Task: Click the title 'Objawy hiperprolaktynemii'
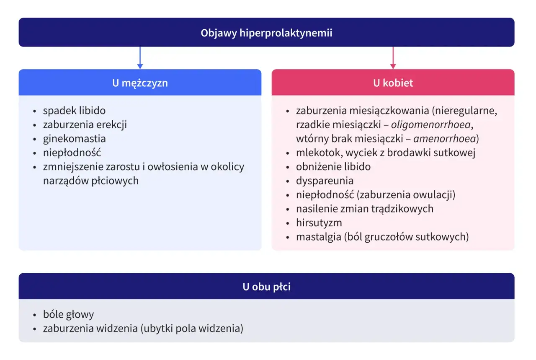[266, 33]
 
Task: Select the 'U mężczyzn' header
[140, 83]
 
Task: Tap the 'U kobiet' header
[393, 83]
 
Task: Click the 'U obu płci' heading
[266, 287]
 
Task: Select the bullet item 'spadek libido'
[74, 111]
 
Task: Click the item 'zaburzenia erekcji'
[85, 125]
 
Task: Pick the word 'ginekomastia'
[74, 139]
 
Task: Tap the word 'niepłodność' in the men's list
[72, 153]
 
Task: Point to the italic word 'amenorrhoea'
[444, 139]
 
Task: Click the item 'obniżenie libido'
[333, 167]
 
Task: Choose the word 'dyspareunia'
[325, 181]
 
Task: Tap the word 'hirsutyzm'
[319, 223]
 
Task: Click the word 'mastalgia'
[318, 237]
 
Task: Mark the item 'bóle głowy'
[68, 314]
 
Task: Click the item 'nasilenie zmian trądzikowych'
[364, 209]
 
